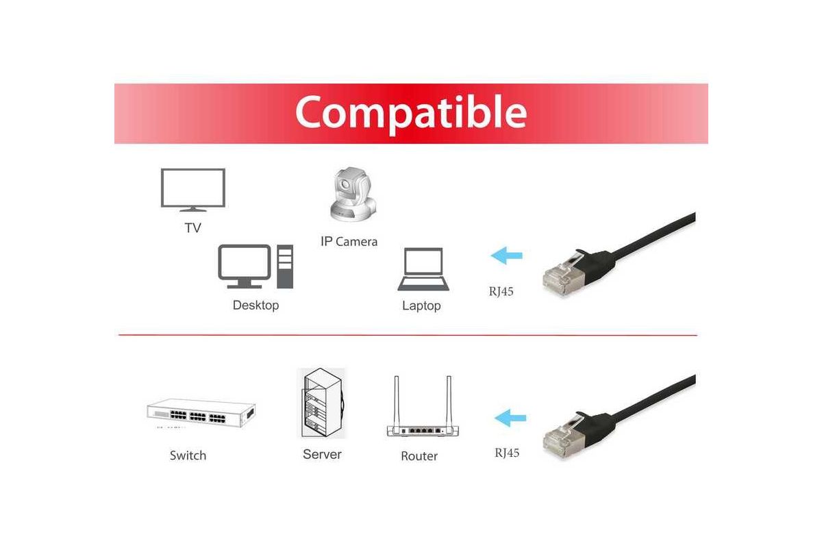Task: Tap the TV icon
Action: click(x=193, y=190)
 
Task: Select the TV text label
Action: click(x=193, y=228)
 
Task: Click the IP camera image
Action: click(x=353, y=195)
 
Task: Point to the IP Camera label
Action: click(x=349, y=242)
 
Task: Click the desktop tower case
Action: click(x=285, y=266)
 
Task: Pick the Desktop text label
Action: click(x=256, y=306)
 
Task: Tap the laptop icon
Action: click(x=423, y=269)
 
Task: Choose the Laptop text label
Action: click(x=421, y=306)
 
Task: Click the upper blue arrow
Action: click(x=507, y=256)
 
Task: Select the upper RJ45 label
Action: click(x=501, y=291)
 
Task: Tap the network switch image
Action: click(x=201, y=413)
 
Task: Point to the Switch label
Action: click(x=188, y=456)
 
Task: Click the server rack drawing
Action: click(x=321, y=403)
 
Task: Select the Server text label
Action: click(x=322, y=454)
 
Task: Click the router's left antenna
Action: click(x=397, y=401)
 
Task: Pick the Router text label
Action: click(x=419, y=456)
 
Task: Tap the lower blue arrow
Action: click(x=510, y=418)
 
